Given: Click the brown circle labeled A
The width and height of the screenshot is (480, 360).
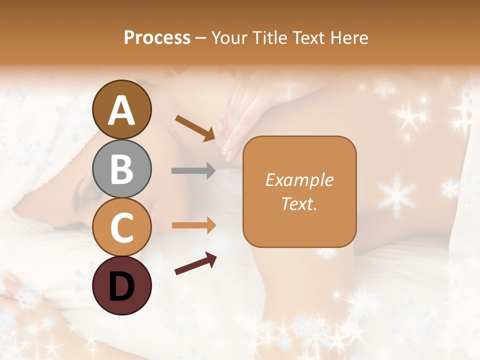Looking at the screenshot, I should tap(121, 109).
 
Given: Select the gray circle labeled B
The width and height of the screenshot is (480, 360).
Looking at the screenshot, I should tap(121, 168).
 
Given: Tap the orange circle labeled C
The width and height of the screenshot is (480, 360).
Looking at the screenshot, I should tap(121, 227).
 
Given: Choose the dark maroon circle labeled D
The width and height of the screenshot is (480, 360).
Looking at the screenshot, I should tap(121, 285).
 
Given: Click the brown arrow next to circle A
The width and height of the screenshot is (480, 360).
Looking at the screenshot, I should tap(195, 128).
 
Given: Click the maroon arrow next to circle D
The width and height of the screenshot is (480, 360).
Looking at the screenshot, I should tap(195, 263).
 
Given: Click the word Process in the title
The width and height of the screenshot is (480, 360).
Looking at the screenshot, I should tap(157, 37).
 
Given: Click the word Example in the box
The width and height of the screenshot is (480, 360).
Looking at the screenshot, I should tap(299, 180).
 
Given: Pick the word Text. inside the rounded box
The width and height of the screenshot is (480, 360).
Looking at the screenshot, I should tap(299, 203).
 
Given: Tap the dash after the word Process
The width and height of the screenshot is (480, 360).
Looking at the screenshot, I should tap(201, 38).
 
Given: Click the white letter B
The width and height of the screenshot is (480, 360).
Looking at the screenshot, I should tap(121, 168).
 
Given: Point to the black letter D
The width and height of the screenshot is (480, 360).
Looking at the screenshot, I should tap(121, 286).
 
